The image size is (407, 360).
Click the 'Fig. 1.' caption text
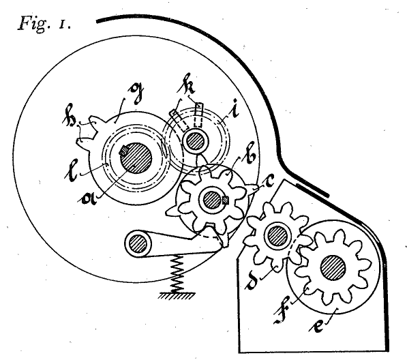44,24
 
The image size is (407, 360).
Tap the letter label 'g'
136,93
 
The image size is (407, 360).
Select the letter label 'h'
69,117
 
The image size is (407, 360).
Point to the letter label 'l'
72,172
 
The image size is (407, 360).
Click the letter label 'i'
235,110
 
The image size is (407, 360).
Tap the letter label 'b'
250,156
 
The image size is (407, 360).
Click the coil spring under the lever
177,273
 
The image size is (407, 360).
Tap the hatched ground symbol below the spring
177,296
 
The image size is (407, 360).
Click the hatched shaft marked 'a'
136,157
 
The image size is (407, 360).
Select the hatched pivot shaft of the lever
138,243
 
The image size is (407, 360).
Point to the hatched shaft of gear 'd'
277,236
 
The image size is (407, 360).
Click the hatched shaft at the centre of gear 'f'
333,268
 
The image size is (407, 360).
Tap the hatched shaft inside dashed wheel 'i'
196,141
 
